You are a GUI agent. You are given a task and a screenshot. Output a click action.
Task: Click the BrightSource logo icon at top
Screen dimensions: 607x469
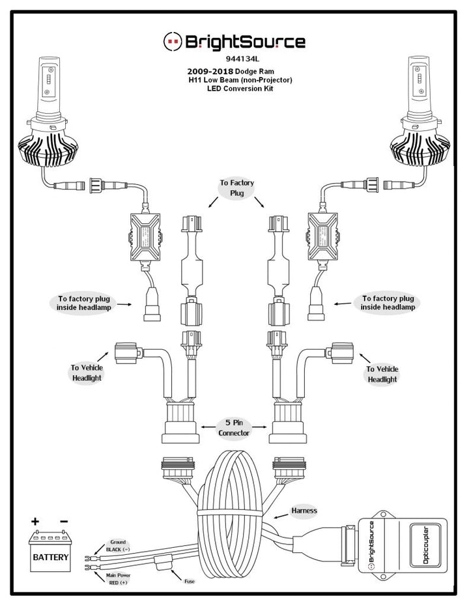click(x=171, y=42)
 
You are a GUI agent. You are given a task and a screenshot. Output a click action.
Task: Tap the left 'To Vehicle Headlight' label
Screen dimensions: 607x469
click(x=87, y=373)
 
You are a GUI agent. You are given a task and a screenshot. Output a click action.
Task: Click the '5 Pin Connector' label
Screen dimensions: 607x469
click(x=234, y=427)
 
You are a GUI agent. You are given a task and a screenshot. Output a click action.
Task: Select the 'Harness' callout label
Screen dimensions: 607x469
click(x=304, y=511)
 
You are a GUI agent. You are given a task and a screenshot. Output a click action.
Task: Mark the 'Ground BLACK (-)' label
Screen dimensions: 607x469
click(x=118, y=545)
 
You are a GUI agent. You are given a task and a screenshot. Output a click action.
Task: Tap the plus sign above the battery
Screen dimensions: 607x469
click(x=34, y=522)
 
